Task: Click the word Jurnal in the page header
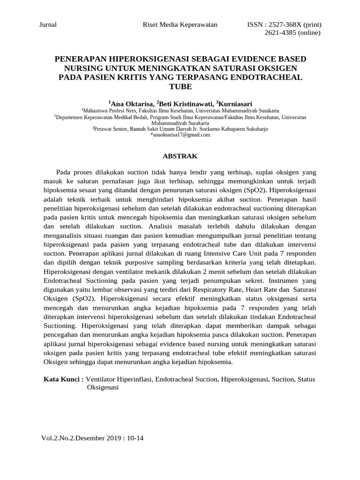pyautogui.click(x=47, y=25)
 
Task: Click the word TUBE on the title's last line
pyautogui.click(x=180, y=86)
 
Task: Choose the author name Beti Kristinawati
pyautogui.click(x=187, y=104)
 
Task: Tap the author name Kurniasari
pyautogui.click(x=236, y=104)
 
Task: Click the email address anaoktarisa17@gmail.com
pyautogui.click(x=180, y=135)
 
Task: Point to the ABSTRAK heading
pyautogui.click(x=180, y=156)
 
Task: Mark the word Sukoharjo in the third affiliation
pyautogui.click(x=256, y=128)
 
